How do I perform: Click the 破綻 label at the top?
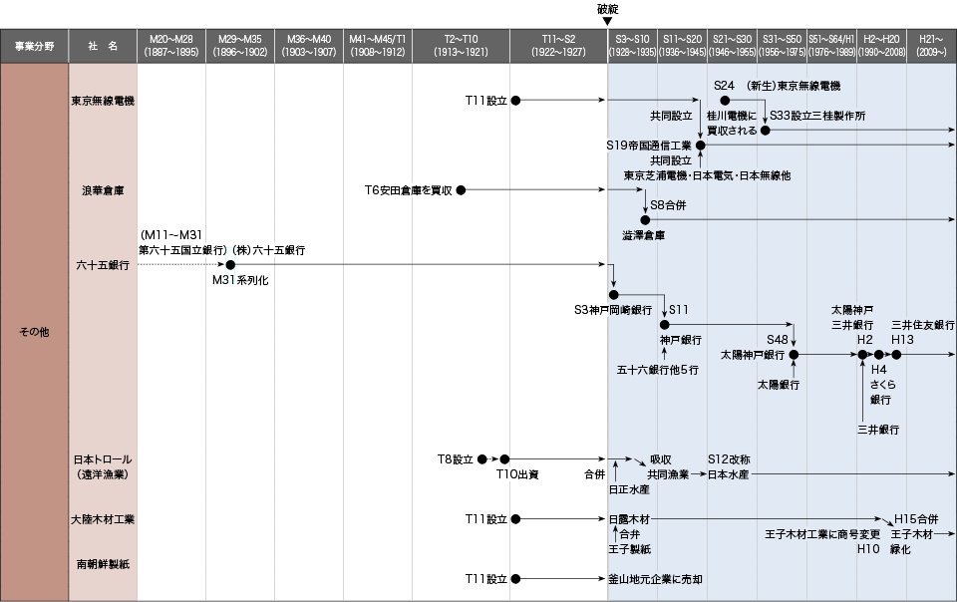click(x=607, y=9)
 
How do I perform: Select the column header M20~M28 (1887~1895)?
click(x=171, y=46)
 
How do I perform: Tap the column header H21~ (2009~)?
click(x=931, y=46)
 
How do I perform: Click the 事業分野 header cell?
click(x=34, y=46)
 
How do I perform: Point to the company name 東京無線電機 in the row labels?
click(x=103, y=101)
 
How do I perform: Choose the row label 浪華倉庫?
click(x=103, y=190)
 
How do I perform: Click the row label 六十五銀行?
click(x=103, y=265)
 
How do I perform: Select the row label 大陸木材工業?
click(x=103, y=519)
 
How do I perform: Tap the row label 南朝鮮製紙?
click(x=103, y=564)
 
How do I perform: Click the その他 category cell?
click(x=34, y=332)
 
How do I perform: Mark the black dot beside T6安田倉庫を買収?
click(x=461, y=190)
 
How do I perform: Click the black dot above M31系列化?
click(x=230, y=265)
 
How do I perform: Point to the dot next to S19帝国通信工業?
click(x=701, y=146)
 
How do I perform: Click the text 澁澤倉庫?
click(x=643, y=235)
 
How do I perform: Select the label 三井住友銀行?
click(x=923, y=325)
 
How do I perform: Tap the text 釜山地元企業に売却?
click(x=656, y=579)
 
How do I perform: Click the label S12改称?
click(x=729, y=459)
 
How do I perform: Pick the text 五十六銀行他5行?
click(x=657, y=370)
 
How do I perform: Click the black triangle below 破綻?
click(x=607, y=21)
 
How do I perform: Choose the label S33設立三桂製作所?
click(x=817, y=116)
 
